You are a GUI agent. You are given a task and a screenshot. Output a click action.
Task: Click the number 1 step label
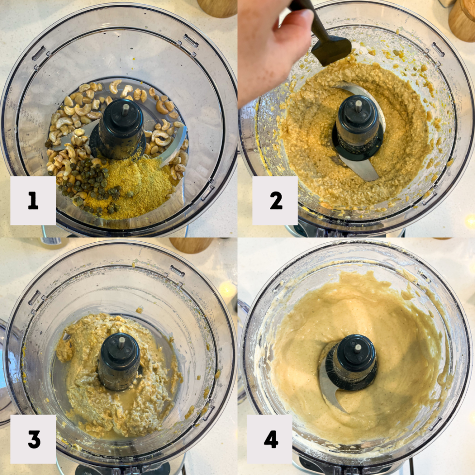[x=33, y=200]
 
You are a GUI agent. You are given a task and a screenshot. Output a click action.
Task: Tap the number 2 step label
[x=275, y=200]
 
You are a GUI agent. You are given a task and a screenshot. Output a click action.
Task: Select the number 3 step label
[x=33, y=439]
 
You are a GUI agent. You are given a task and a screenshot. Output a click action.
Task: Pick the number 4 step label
[x=270, y=439]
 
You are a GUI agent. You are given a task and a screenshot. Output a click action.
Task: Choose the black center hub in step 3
[x=119, y=361]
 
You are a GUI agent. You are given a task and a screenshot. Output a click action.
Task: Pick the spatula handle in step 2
[x=310, y=15]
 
